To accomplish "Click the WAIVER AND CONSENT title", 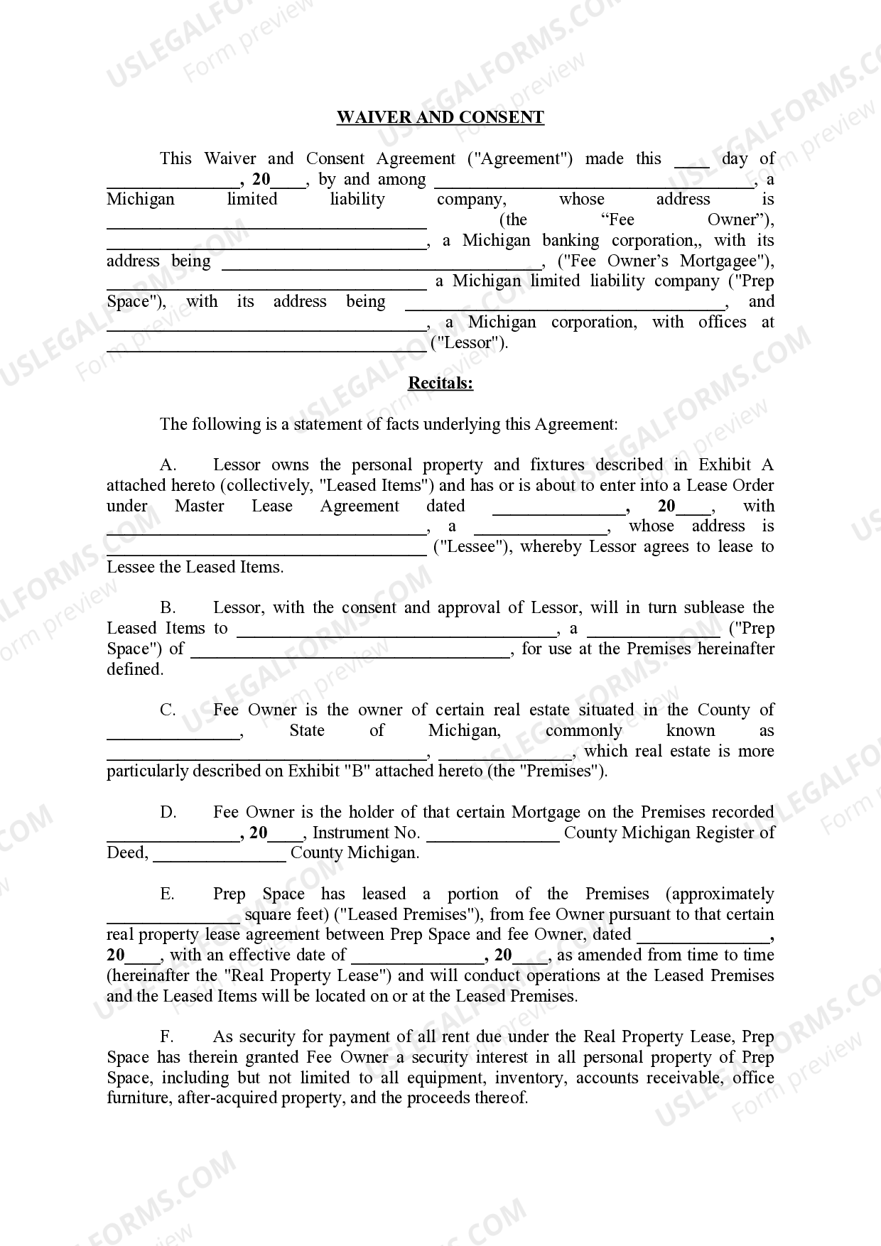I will click(x=440, y=118).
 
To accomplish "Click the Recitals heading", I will click(x=440, y=384).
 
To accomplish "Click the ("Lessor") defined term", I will click(x=470, y=343).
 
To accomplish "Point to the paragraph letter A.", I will click(x=168, y=465).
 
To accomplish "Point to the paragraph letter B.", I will click(x=168, y=608).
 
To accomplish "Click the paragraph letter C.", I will click(x=168, y=710).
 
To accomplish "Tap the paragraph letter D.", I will click(x=168, y=813).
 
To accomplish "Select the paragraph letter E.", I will click(x=168, y=894).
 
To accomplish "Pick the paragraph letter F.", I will click(x=168, y=1037).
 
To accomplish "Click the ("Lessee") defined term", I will click(x=472, y=547).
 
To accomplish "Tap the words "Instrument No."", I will click(x=366, y=833).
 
